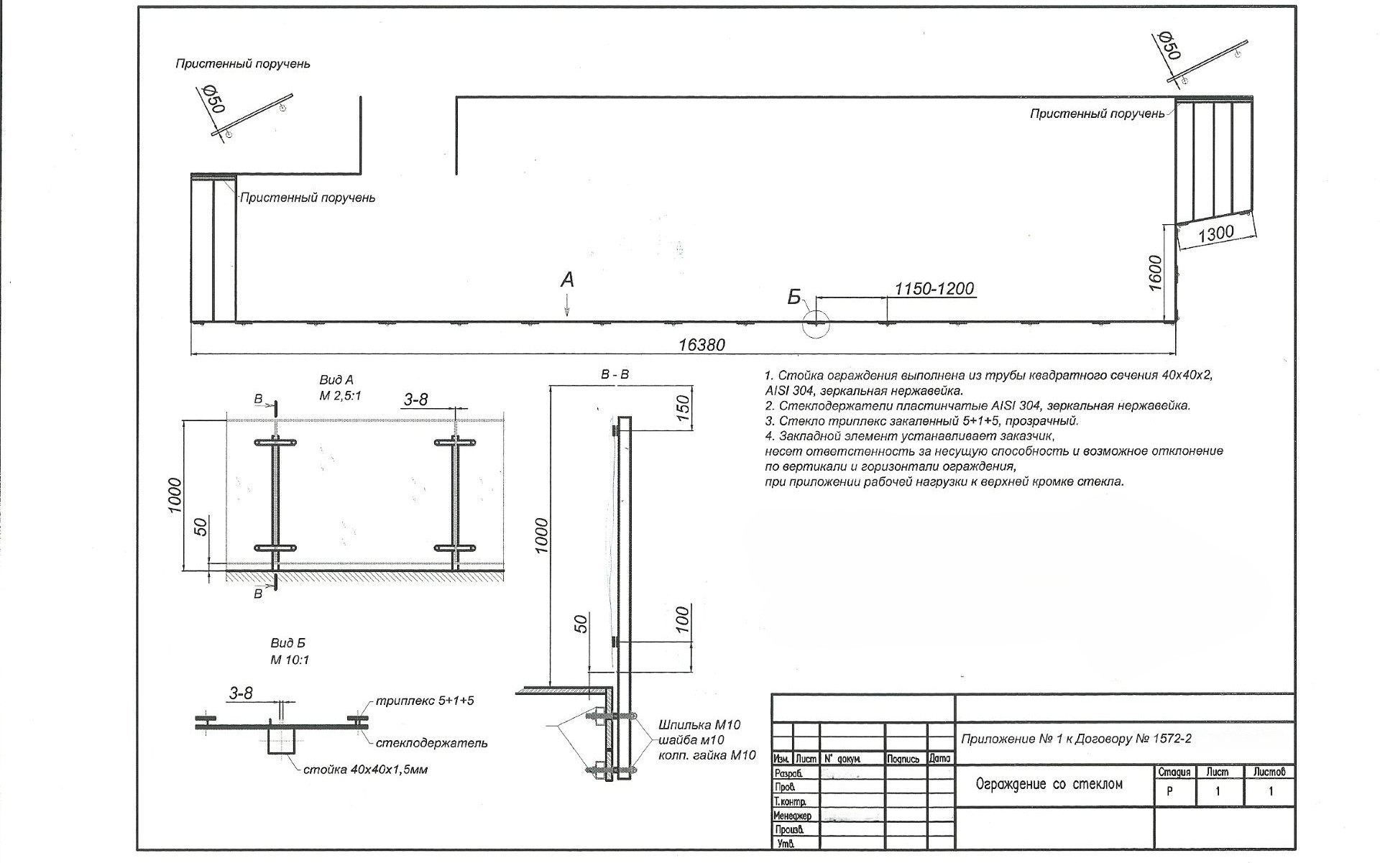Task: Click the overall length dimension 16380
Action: tap(701, 345)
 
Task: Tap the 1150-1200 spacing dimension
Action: tap(934, 289)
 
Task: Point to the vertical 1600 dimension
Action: tap(1155, 272)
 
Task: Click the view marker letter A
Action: tap(567, 280)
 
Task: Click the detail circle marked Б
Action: tap(816, 324)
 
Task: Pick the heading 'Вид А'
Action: tap(336, 380)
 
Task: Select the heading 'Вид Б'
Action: tap(287, 643)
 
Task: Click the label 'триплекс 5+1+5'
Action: tap(425, 701)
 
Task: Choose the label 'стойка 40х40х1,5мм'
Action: tap(365, 770)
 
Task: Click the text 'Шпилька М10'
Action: tap(699, 724)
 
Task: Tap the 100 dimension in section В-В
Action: tap(684, 619)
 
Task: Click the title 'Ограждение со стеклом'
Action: tap(1049, 784)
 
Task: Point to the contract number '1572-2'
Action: tap(1171, 739)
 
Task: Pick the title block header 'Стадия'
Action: tap(1174, 772)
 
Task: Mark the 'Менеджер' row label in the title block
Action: tap(792, 816)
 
